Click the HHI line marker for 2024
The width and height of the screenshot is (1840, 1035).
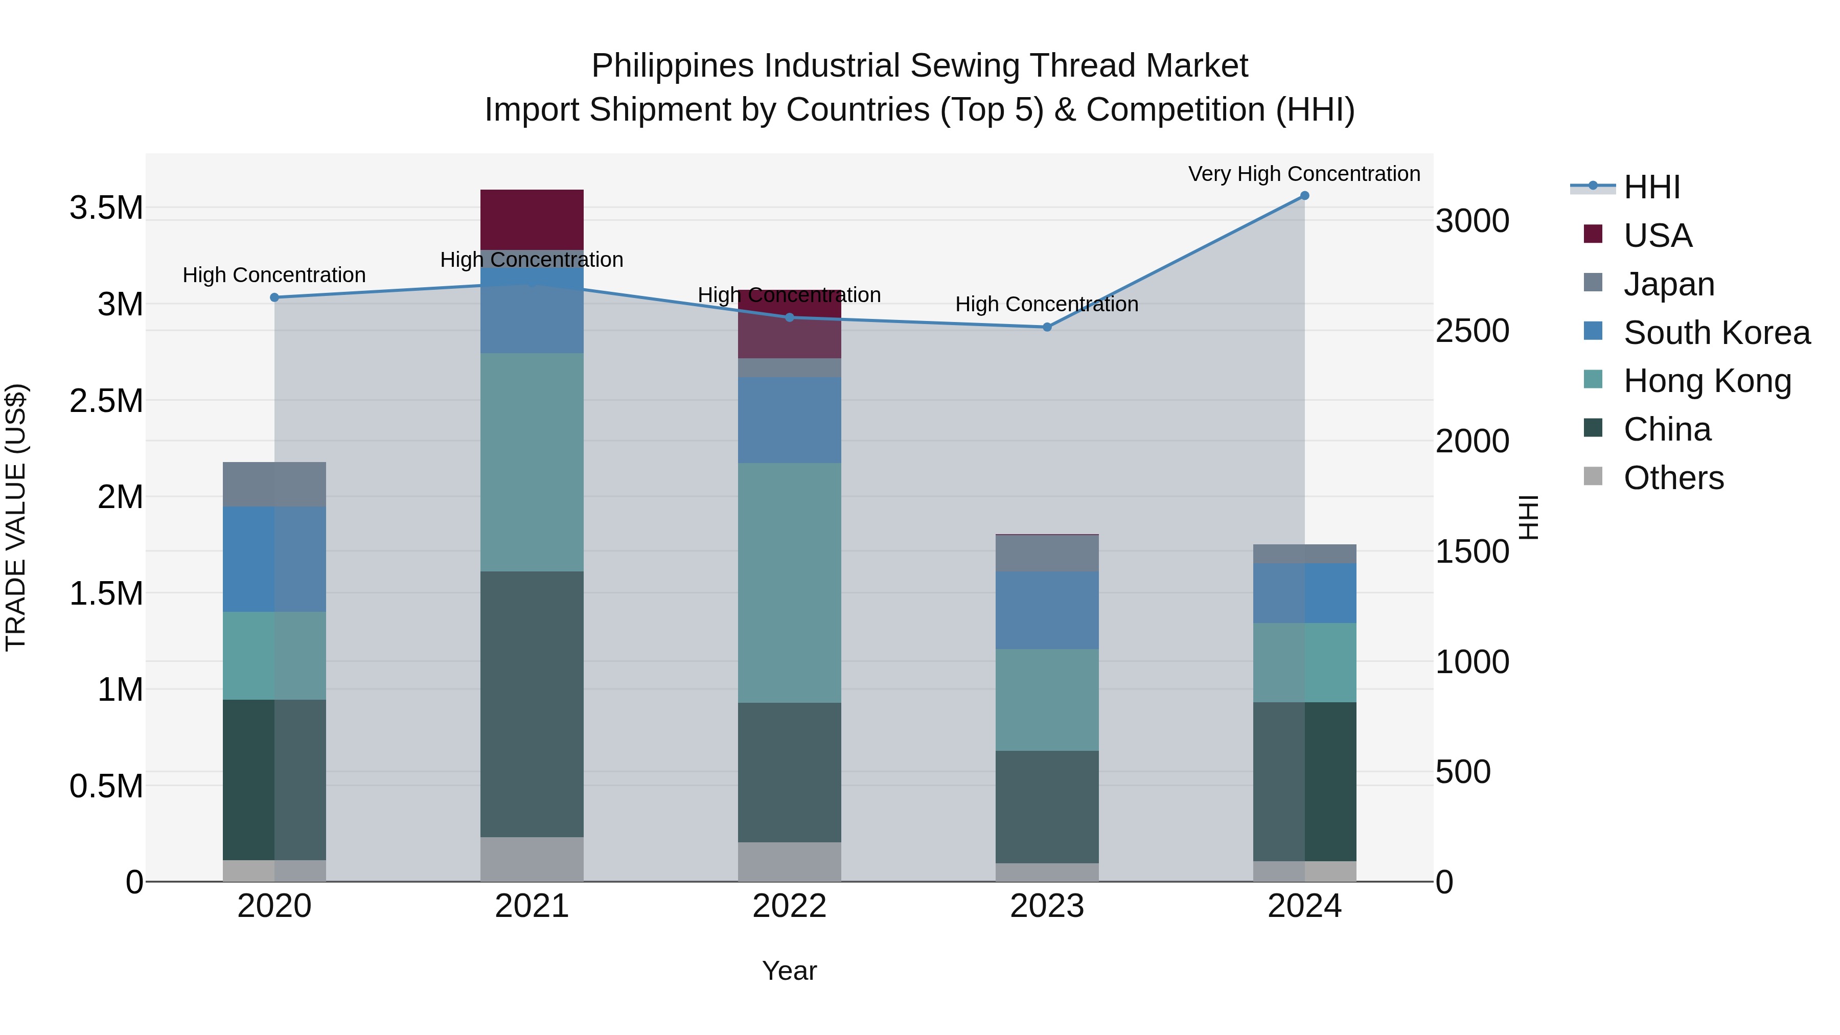[x=1304, y=196]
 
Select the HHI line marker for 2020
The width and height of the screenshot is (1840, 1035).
[x=274, y=297]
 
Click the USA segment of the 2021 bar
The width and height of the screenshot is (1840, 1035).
[x=532, y=219]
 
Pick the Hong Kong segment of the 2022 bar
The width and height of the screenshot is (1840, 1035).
[x=789, y=582]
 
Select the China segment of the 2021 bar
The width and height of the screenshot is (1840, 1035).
[x=532, y=704]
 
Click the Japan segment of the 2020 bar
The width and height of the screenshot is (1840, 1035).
[x=274, y=485]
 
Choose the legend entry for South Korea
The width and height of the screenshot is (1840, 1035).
[x=1716, y=333]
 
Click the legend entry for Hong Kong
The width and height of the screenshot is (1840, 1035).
[x=1707, y=381]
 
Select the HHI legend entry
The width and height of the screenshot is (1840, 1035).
[x=1651, y=187]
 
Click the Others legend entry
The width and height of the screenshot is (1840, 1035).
[x=1673, y=478]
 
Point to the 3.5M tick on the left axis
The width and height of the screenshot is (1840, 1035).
[x=106, y=208]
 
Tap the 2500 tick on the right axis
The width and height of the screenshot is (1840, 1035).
[x=1472, y=331]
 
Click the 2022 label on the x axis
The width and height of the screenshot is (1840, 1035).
[x=789, y=906]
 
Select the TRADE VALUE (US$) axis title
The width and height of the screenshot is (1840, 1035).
[x=16, y=517]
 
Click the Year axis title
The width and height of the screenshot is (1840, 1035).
[x=789, y=971]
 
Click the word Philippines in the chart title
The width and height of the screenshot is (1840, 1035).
[x=672, y=66]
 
